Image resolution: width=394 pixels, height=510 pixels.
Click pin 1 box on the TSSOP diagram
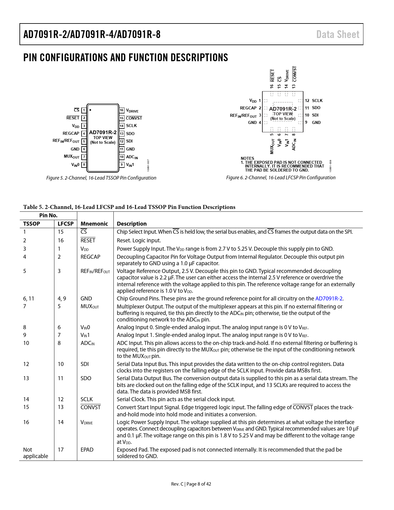[x=84, y=110]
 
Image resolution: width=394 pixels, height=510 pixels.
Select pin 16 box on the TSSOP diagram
[x=122, y=110]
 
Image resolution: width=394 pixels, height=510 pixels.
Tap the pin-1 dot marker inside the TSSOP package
[x=90, y=110]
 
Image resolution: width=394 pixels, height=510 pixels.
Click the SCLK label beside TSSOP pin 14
[x=131, y=126]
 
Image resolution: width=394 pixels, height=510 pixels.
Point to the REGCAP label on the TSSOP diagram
[x=71, y=134]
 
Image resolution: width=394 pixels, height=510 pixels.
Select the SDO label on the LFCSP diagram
[x=316, y=108]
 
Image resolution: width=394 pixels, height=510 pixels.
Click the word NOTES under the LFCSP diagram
[x=247, y=158]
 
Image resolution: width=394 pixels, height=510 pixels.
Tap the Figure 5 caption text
[x=101, y=178]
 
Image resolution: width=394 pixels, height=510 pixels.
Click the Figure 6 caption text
[x=281, y=178]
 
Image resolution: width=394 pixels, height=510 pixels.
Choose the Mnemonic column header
[x=94, y=224]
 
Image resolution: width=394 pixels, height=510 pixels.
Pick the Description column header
[x=132, y=224]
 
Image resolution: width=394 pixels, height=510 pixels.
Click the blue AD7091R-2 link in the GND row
[x=329, y=299]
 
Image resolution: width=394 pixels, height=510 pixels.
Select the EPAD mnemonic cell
[x=87, y=450]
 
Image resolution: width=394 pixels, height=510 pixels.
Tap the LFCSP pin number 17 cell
[x=61, y=450]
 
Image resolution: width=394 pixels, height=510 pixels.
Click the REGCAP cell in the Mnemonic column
[x=90, y=257]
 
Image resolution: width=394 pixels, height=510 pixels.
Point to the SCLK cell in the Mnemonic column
[x=87, y=399]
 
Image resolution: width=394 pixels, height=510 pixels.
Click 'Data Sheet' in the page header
[x=338, y=34]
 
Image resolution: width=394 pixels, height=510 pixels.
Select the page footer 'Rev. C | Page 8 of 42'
[x=191, y=484]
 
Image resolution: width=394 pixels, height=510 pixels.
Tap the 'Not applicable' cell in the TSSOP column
[x=36, y=453]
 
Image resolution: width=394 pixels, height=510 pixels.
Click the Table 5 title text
[x=129, y=207]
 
